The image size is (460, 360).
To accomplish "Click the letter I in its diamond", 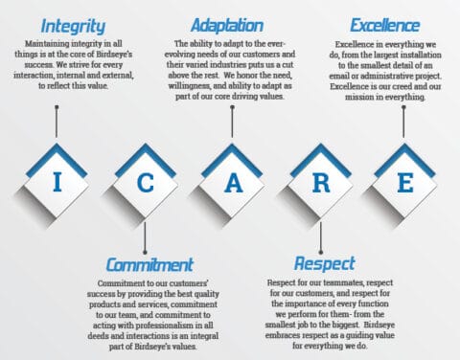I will point(57,182).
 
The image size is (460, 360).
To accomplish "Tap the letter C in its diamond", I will point(145,182).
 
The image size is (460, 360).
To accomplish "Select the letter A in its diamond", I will point(232,182).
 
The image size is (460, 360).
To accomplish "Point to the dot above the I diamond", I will point(57,107).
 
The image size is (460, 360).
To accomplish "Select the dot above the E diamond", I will point(404,107).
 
